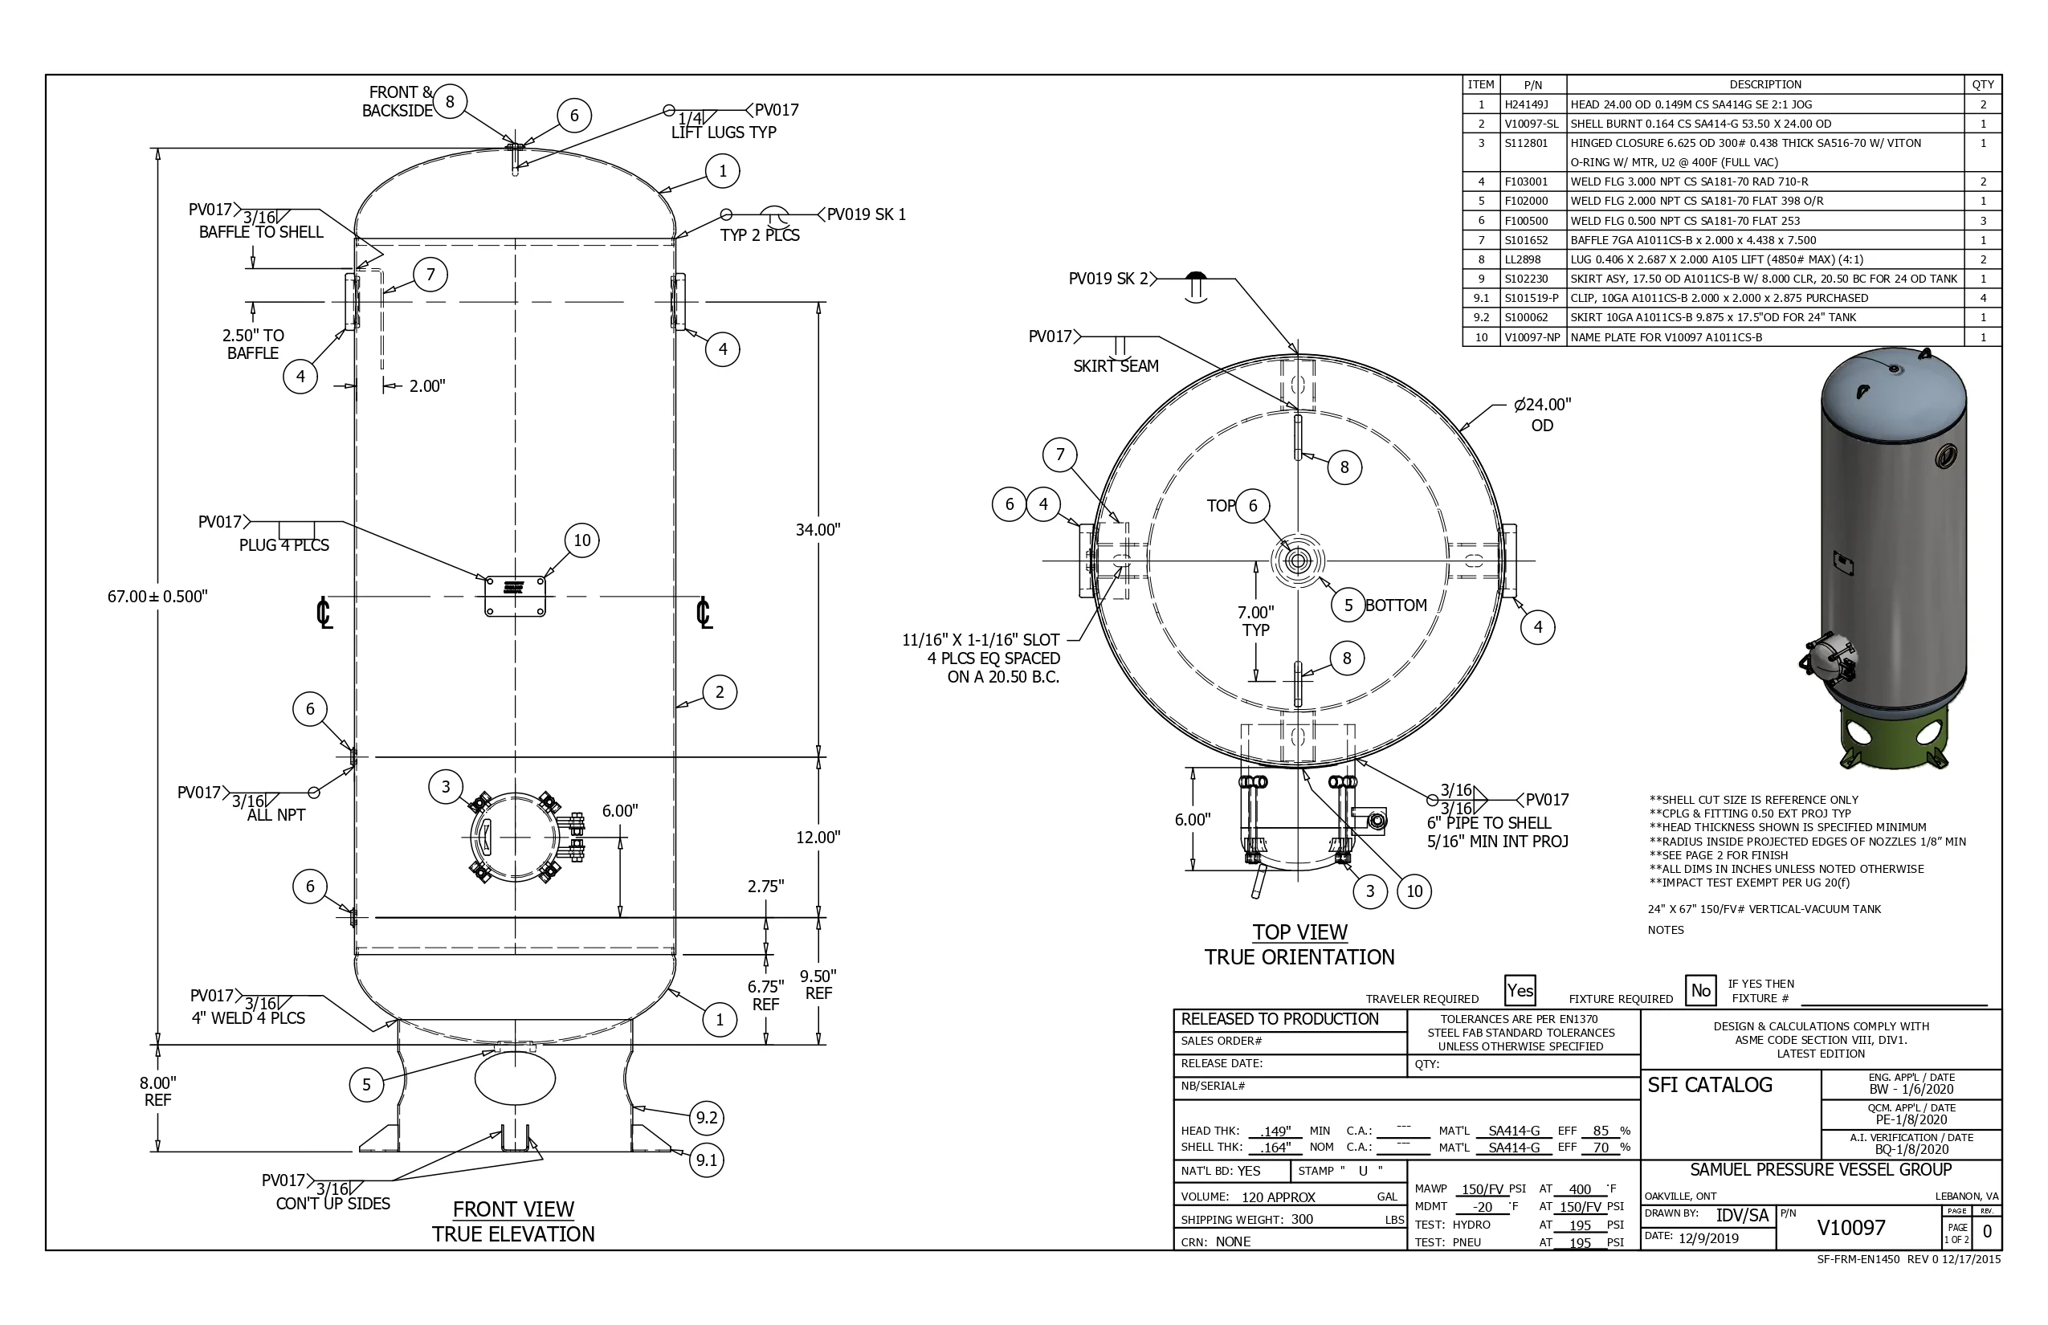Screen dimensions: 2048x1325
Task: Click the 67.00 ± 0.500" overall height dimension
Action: pos(157,596)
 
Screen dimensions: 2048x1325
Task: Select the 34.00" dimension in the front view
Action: pos(818,529)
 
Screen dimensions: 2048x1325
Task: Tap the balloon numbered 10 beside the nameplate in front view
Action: pos(582,540)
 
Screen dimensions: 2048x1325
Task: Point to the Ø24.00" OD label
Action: pos(1542,414)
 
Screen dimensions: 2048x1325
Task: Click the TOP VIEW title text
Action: pos(1299,932)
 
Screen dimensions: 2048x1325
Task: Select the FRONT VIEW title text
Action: pos(514,1209)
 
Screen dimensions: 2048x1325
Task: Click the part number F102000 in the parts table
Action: pos(1526,202)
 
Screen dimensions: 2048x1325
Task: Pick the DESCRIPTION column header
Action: pos(1765,84)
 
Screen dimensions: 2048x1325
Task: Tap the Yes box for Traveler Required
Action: pos(1520,990)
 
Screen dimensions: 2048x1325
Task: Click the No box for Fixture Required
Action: pos(1700,990)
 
